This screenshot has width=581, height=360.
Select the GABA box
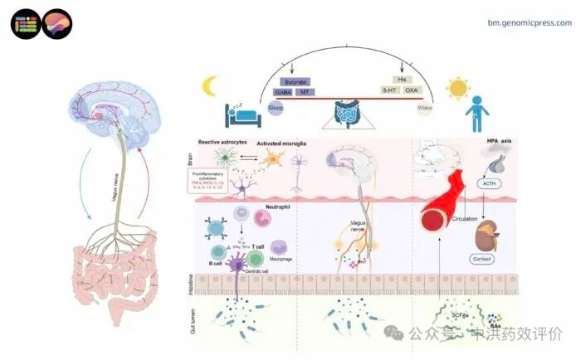click(283, 90)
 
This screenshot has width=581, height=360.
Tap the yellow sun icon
click(456, 87)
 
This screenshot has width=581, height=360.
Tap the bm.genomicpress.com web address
click(530, 22)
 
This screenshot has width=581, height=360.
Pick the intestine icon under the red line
click(345, 111)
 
